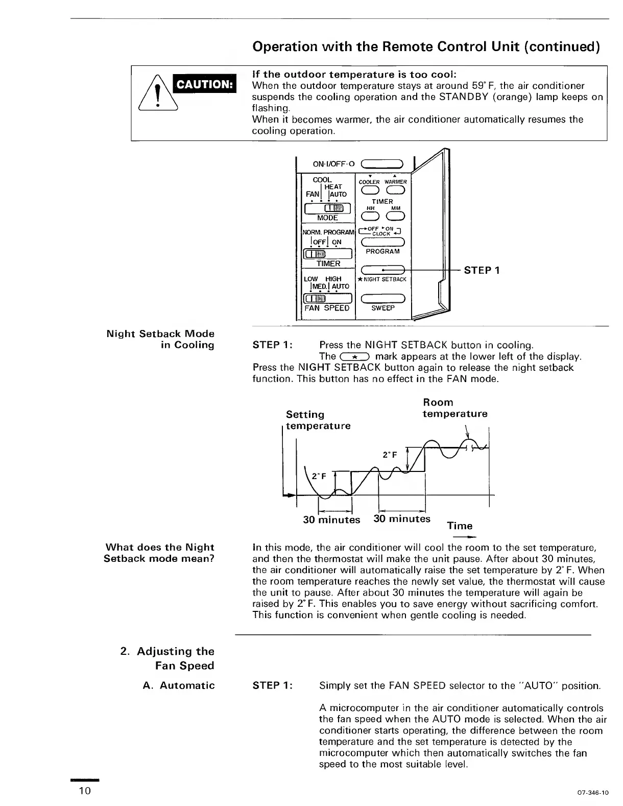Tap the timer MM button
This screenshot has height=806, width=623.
[396, 217]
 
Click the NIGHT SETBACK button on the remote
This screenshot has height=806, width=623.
[383, 270]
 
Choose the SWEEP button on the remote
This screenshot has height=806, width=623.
[383, 299]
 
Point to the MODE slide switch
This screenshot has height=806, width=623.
[328, 208]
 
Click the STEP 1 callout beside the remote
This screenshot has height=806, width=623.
[482, 270]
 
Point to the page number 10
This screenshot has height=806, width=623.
[85, 791]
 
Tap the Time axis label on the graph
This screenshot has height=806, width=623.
[460, 526]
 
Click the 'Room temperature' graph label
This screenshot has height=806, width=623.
[454, 408]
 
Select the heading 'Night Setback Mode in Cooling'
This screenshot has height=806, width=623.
[160, 339]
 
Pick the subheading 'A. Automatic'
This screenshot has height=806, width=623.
[179, 685]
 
